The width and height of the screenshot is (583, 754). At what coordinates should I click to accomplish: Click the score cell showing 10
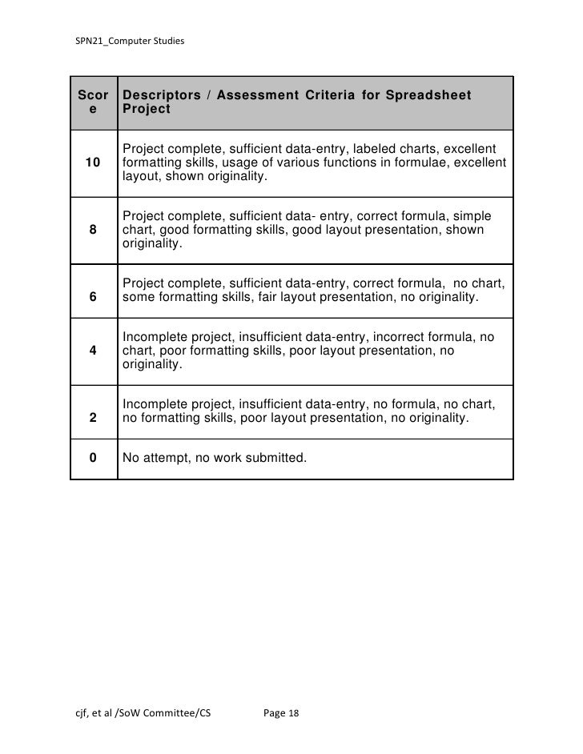[x=94, y=163]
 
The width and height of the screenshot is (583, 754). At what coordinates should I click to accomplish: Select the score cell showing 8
[x=94, y=231]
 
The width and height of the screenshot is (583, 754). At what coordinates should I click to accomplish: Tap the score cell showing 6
[x=94, y=298]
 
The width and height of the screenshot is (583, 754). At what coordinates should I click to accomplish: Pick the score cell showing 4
[x=94, y=351]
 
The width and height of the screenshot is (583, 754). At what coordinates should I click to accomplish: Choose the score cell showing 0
[x=94, y=459]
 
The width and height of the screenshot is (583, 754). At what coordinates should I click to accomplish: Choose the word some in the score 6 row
[x=139, y=298]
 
